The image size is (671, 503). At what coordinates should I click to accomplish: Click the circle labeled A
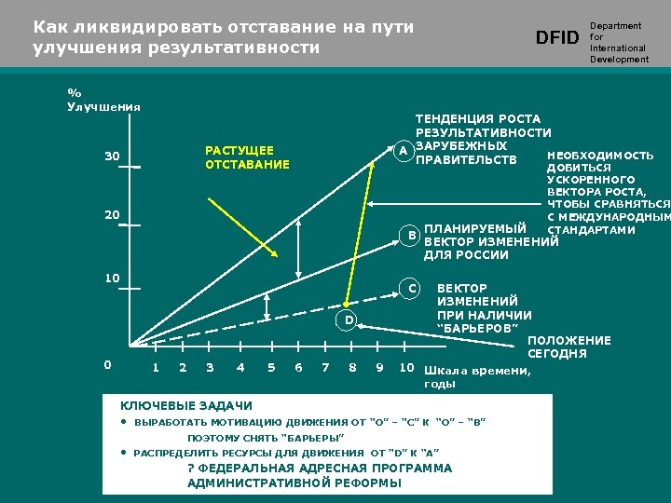click(402, 151)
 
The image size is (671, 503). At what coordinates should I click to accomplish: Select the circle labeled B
click(410, 236)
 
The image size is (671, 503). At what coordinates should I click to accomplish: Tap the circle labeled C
click(410, 288)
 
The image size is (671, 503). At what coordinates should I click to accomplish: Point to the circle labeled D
click(347, 320)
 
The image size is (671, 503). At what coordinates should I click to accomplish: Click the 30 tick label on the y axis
click(112, 156)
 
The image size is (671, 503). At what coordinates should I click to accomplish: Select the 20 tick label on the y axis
click(112, 215)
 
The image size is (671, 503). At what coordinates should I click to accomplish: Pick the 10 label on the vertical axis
click(112, 279)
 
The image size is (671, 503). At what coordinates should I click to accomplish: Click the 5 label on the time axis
click(271, 367)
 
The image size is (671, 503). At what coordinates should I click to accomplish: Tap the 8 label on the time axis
click(352, 367)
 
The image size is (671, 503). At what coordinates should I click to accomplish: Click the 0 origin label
click(107, 365)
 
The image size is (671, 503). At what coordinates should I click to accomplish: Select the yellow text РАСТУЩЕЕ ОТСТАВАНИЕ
click(247, 157)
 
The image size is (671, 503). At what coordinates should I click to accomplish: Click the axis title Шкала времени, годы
click(476, 377)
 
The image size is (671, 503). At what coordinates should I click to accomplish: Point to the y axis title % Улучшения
click(103, 100)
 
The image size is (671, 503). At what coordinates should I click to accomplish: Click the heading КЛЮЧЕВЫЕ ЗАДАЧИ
click(186, 405)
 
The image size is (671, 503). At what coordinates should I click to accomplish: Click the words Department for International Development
click(618, 43)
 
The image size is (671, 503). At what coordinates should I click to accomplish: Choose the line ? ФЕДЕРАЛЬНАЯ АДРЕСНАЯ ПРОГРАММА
click(320, 468)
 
